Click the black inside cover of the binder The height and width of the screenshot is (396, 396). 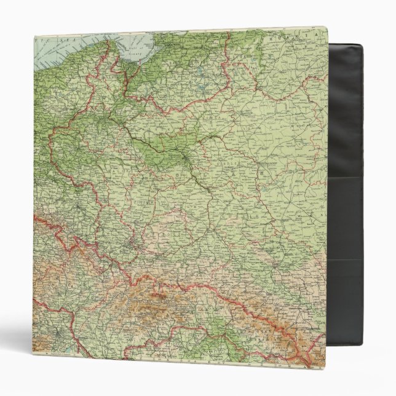[x=347, y=123]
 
